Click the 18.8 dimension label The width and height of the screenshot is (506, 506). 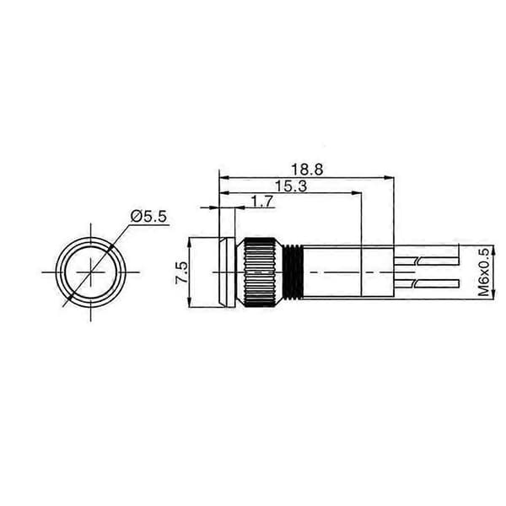307,170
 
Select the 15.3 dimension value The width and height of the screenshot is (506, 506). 290,186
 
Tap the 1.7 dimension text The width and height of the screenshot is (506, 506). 262,202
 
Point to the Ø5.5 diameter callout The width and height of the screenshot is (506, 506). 149,217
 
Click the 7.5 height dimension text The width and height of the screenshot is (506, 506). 181,272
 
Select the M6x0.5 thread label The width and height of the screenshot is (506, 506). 483,272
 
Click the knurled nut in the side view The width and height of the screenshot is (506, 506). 260,272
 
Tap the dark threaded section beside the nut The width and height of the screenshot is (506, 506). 293,272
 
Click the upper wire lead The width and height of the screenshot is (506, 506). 426,261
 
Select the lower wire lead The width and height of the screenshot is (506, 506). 426,283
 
